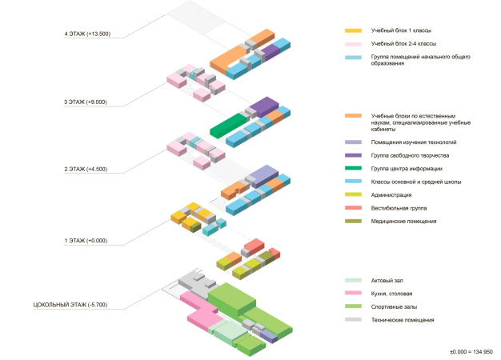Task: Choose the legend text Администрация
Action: click(391, 194)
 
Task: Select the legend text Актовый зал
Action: click(388, 280)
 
